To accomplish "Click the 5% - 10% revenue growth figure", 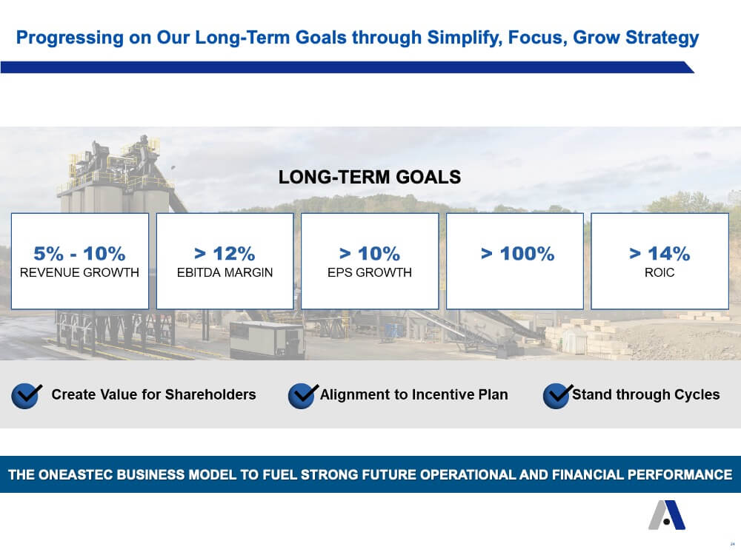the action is (x=79, y=253).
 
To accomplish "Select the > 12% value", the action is (x=225, y=253).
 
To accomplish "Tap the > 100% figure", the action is (x=517, y=253).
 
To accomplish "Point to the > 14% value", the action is (x=659, y=253).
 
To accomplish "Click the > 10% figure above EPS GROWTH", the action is (x=370, y=253).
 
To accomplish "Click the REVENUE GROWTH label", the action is (x=79, y=272).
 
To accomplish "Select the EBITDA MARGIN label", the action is (x=225, y=272).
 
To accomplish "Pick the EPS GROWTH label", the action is (x=370, y=272).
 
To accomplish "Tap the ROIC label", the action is (x=659, y=272).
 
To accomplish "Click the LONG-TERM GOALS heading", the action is (x=370, y=177).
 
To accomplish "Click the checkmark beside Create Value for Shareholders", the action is (x=26, y=395).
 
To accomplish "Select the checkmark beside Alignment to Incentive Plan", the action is (x=302, y=395).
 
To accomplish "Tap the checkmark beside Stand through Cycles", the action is (x=558, y=395).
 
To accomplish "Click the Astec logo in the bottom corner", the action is (x=667, y=515).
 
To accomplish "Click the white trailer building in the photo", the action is (x=266, y=340).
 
